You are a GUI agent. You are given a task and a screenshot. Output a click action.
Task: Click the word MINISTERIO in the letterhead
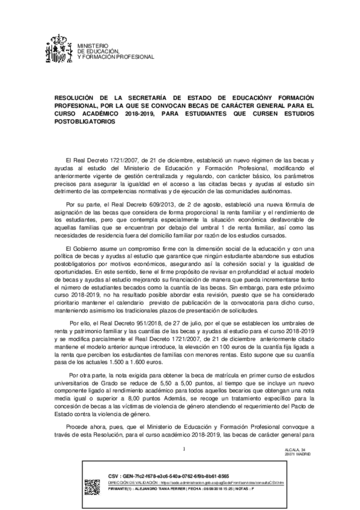pos(91,46)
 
